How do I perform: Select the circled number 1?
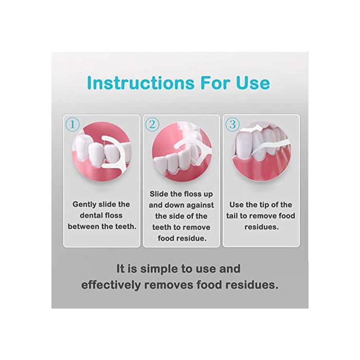[x=73, y=124]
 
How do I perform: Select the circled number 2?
[x=152, y=124]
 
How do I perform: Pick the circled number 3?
[x=232, y=124]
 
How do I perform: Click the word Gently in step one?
[x=83, y=204]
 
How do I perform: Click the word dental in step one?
[x=89, y=215]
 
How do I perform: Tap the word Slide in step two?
[x=159, y=194]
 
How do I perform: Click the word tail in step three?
[x=232, y=216]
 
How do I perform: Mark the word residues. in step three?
[x=261, y=227]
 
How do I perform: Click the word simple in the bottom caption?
[x=158, y=269]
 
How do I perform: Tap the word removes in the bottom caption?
[x=169, y=285]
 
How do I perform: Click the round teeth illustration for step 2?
[x=182, y=151]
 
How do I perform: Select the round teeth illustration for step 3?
[x=261, y=151]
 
